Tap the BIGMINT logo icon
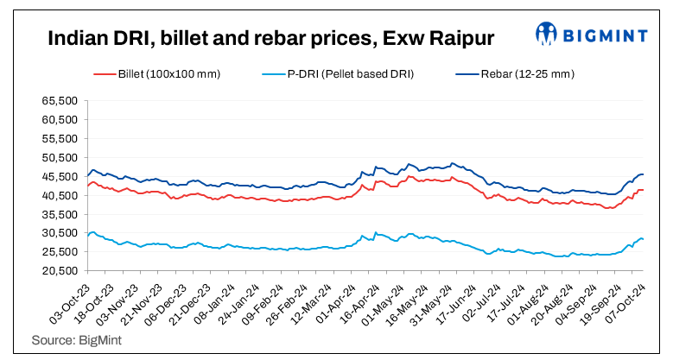point(546,34)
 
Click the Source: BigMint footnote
point(76,341)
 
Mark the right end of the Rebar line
point(643,175)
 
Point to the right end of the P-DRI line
point(643,239)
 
